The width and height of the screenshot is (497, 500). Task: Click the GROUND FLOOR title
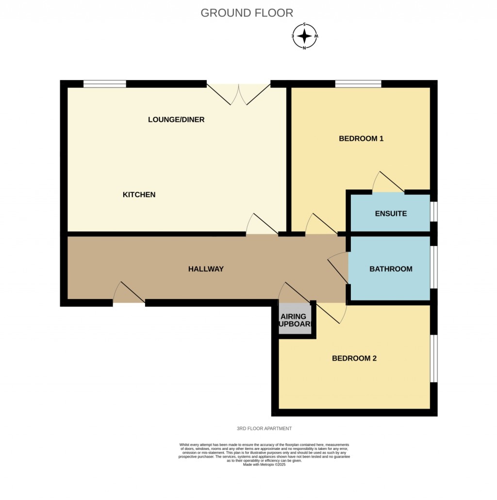[x=247, y=13]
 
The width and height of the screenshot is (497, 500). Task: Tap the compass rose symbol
[x=305, y=36]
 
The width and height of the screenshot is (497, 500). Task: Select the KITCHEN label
[x=139, y=195]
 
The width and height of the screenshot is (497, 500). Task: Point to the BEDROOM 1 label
[x=361, y=138]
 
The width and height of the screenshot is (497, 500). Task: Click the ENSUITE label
[x=391, y=214]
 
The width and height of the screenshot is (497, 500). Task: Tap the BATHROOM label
[x=391, y=269]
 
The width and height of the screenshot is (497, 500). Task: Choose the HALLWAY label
[x=206, y=269]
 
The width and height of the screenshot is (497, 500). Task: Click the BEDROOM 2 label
[x=354, y=359]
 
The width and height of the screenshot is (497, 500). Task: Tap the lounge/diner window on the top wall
[x=105, y=84]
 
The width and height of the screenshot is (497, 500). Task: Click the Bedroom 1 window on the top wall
[x=358, y=84]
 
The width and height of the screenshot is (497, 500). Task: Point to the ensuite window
[x=434, y=212]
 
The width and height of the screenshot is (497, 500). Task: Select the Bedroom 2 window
[x=434, y=358]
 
